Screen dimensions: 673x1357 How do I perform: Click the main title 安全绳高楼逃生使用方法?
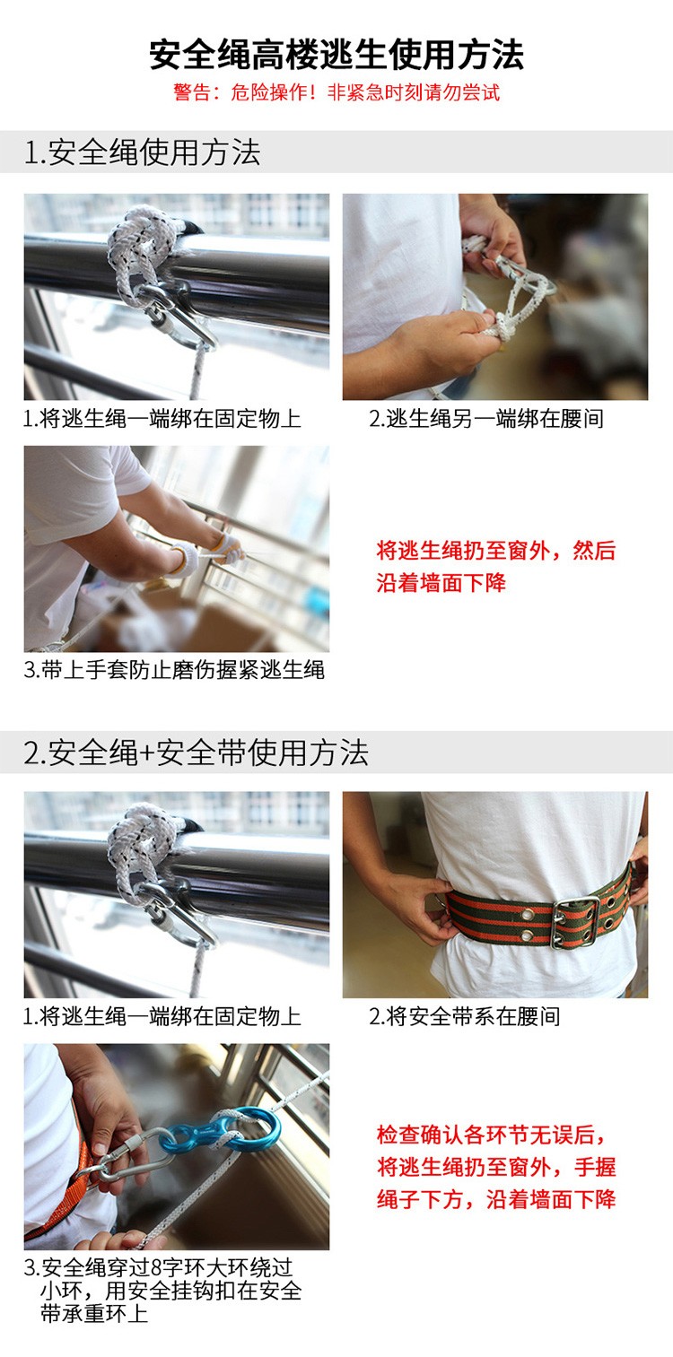336,55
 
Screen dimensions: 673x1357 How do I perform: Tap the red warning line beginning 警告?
336,92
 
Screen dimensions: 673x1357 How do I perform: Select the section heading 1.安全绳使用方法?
142,152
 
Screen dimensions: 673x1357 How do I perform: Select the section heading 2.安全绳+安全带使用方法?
196,752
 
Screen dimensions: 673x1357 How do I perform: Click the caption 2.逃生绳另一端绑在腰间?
486,419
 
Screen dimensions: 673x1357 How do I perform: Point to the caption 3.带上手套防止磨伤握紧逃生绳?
174,670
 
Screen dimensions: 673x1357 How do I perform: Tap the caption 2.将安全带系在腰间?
465,1016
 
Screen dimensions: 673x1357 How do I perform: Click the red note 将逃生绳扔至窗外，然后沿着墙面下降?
496,567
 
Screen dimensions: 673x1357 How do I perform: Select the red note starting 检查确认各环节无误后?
496,1166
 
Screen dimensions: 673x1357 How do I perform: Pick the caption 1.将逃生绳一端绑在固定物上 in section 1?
162,419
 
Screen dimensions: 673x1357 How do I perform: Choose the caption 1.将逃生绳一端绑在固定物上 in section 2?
162,1016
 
